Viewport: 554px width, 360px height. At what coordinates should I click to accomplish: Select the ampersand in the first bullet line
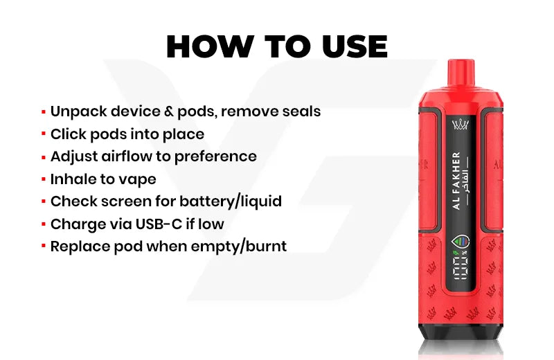click(x=169, y=111)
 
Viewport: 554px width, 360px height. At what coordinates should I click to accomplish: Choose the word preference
click(x=215, y=157)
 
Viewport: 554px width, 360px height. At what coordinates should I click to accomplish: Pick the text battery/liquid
click(x=231, y=201)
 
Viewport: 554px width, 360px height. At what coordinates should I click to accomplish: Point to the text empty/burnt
click(x=239, y=247)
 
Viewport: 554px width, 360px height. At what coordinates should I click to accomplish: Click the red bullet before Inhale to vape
click(x=44, y=179)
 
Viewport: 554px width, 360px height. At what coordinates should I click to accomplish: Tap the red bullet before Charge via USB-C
click(x=44, y=224)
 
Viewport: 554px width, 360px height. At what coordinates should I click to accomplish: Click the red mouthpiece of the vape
click(x=461, y=73)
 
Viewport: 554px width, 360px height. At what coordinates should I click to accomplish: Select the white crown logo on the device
click(x=461, y=125)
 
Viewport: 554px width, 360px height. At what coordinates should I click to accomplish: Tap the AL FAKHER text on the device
click(x=456, y=181)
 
